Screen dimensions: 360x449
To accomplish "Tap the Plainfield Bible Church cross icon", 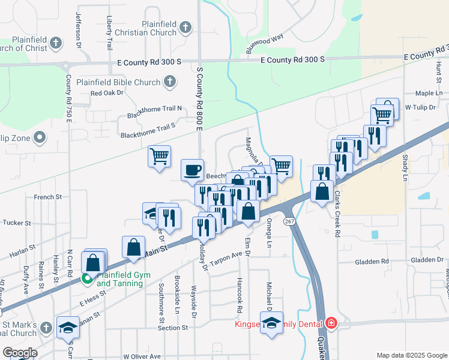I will (x=170, y=82).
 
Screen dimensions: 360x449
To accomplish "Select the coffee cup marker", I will (x=192, y=170).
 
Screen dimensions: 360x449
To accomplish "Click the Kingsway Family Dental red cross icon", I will (x=331, y=324).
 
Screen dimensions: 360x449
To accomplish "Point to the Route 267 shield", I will (x=290, y=221).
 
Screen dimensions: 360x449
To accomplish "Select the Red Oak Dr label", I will (x=106, y=93).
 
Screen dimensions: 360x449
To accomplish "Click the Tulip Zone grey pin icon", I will (x=40, y=138).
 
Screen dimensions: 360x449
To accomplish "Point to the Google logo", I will (x=20, y=353).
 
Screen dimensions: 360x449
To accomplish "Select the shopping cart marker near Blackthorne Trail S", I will (x=160, y=157).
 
